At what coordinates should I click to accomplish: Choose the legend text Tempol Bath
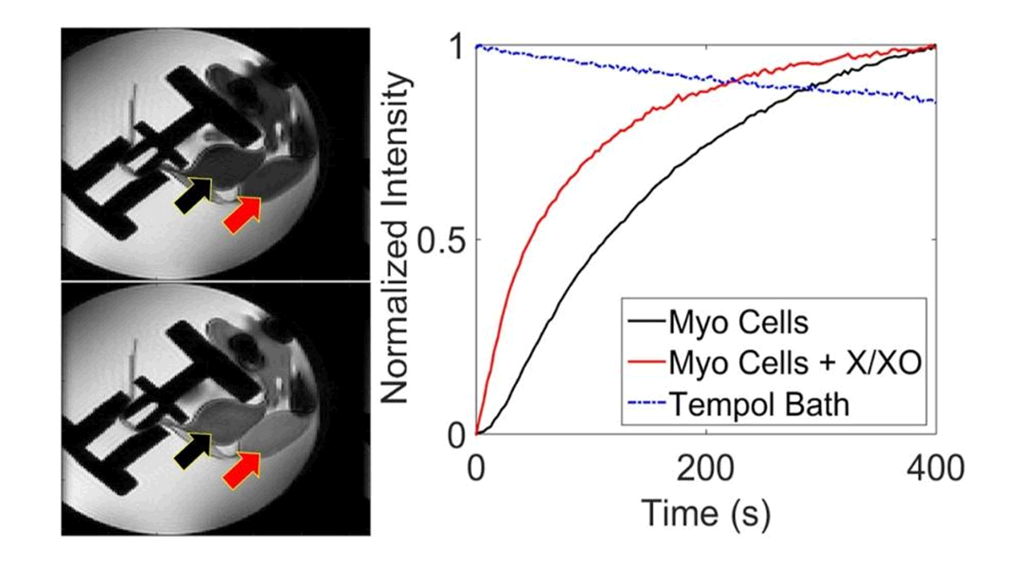pyautogui.click(x=759, y=404)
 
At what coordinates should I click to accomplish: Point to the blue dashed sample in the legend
pyautogui.click(x=644, y=404)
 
